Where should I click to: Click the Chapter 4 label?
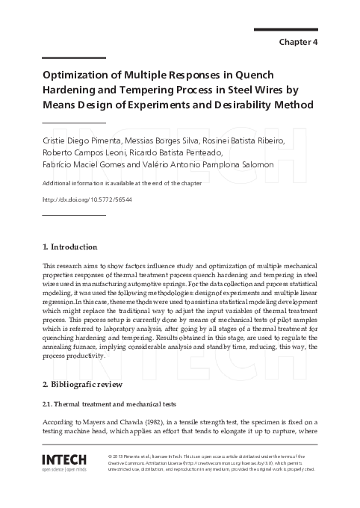click(299, 43)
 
